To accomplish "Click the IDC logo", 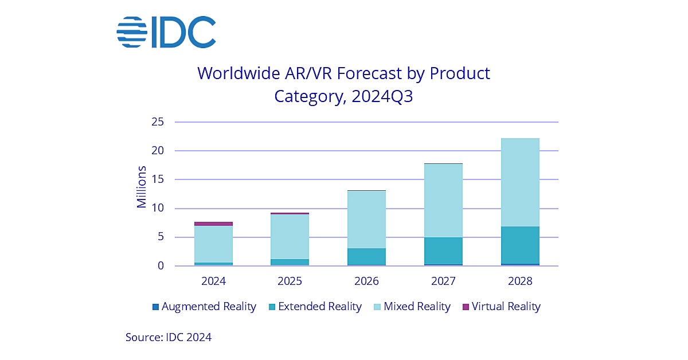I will (166, 32).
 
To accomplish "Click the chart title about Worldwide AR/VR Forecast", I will (343, 84).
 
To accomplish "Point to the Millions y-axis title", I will (142, 187).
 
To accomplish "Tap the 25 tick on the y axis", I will (158, 122).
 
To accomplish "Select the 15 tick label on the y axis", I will (158, 179).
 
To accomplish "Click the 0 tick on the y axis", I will (161, 266).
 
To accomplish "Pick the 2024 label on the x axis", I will (213, 281).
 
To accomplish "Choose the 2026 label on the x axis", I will (366, 281).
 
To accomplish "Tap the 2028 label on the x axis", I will (520, 281).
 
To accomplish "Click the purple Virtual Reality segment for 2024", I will (213, 224).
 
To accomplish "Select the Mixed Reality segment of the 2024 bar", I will (213, 244).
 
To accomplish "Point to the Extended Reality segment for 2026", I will (366, 256).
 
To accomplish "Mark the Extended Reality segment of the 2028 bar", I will (520, 245).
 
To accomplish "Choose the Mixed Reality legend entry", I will (411, 307).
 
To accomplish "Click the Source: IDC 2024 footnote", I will (169, 337).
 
